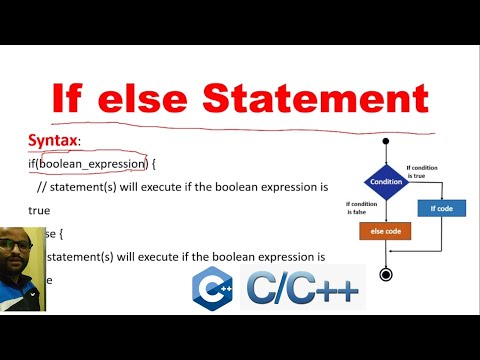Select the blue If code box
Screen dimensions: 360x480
tap(440, 208)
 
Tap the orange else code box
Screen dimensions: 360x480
tap(384, 230)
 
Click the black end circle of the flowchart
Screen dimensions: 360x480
tap(385, 273)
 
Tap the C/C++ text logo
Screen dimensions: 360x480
tap(303, 288)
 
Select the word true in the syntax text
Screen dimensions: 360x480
tap(40, 211)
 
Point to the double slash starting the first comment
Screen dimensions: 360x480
tap(41, 187)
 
